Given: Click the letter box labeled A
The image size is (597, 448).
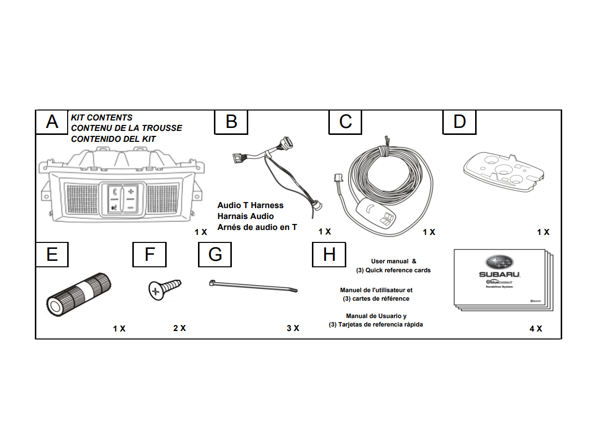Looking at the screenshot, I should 52,122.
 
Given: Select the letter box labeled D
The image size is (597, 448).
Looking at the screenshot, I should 459,122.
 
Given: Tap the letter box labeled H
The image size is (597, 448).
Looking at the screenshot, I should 329,254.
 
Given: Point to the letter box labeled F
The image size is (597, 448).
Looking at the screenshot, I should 149,254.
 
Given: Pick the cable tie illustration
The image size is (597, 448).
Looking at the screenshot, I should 253,286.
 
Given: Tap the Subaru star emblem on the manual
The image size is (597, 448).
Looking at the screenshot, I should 499,262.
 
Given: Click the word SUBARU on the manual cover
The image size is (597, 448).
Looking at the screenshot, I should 499,274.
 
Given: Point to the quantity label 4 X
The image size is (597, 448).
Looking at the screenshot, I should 536,329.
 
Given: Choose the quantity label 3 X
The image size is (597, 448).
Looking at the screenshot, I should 293,329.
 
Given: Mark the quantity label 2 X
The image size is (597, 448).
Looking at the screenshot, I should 180,329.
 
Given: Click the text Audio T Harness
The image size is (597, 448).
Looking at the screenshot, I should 250,205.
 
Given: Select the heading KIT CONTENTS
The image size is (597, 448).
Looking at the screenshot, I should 102,117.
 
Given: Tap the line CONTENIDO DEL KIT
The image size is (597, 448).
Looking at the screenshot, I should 113,139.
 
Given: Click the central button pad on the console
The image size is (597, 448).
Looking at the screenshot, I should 122,199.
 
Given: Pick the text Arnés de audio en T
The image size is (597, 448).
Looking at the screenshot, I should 257,227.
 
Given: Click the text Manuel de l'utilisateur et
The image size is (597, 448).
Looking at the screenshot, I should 376,290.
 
